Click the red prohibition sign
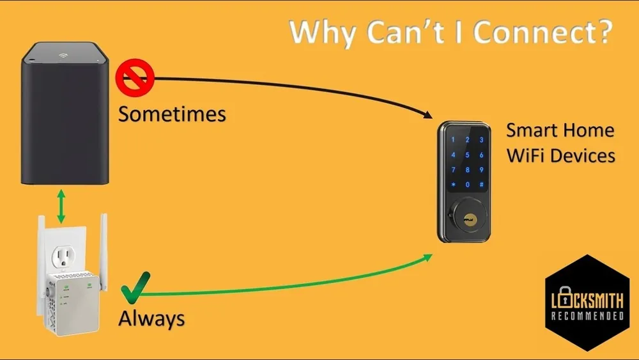pos(135,77)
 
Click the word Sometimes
pos(172,114)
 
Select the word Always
pos(151,319)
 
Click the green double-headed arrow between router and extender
pos(61,206)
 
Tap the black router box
pos(65,113)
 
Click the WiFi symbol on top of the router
pos(63,55)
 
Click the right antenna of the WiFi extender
pos(104,251)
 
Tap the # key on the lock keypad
pos(481,184)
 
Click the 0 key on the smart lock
pos(468,185)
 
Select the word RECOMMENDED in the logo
pos(587,316)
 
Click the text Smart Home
pos(560,130)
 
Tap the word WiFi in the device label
pos(525,156)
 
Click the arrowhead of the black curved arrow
pos(427,114)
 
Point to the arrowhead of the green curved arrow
pos(427,257)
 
